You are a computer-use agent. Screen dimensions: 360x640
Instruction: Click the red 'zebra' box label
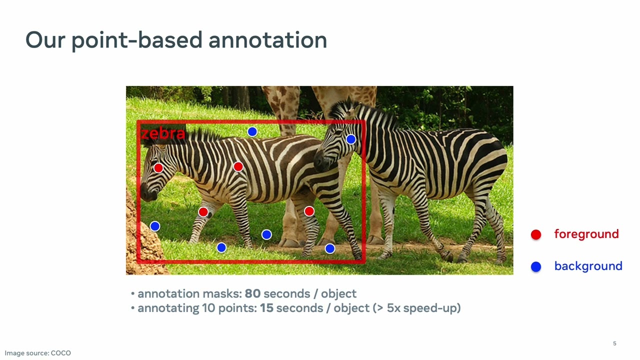[163, 134]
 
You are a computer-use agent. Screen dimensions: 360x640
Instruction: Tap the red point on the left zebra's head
[158, 168]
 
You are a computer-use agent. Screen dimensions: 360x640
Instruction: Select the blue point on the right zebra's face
[351, 139]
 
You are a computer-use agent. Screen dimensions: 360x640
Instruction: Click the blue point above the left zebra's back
[252, 131]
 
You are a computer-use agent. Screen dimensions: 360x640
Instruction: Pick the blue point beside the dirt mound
[155, 226]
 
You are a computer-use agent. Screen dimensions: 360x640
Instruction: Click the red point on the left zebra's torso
[238, 166]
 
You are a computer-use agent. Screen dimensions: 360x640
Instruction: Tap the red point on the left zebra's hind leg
[309, 211]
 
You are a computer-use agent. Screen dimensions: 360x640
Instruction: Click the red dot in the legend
[536, 234]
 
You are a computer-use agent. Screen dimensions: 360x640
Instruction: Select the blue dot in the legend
[536, 266]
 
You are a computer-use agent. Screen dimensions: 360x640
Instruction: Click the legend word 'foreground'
[586, 234]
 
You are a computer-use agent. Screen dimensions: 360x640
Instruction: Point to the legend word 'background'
[588, 266]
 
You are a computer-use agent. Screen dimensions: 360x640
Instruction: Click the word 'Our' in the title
[45, 40]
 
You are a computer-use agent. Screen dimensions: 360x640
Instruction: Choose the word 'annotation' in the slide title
[267, 40]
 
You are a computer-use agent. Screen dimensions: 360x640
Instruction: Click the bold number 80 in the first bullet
[252, 293]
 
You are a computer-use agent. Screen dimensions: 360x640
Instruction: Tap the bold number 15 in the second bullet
[266, 308]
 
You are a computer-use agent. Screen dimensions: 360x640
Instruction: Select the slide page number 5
[614, 343]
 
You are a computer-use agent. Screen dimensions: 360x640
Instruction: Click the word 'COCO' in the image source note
[60, 353]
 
